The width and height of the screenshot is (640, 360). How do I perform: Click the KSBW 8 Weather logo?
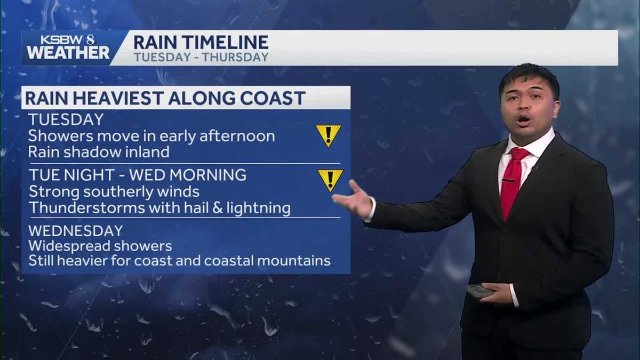point(68,47)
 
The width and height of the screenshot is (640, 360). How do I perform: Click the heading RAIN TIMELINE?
point(201,42)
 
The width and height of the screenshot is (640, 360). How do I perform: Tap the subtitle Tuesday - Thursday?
point(201,57)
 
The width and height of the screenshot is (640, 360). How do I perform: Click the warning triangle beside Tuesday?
point(328,135)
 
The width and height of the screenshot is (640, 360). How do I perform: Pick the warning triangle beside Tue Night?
point(330,180)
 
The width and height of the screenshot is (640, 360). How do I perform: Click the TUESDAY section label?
point(66,119)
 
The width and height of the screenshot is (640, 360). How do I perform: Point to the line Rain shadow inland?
point(99,152)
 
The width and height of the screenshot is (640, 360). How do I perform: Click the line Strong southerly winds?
point(114,191)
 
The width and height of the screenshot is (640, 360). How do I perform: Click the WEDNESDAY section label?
point(75,231)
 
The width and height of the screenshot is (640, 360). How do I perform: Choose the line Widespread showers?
point(100,246)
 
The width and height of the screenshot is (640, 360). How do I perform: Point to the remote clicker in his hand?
point(480,291)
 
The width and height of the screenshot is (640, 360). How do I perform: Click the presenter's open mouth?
point(523,119)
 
